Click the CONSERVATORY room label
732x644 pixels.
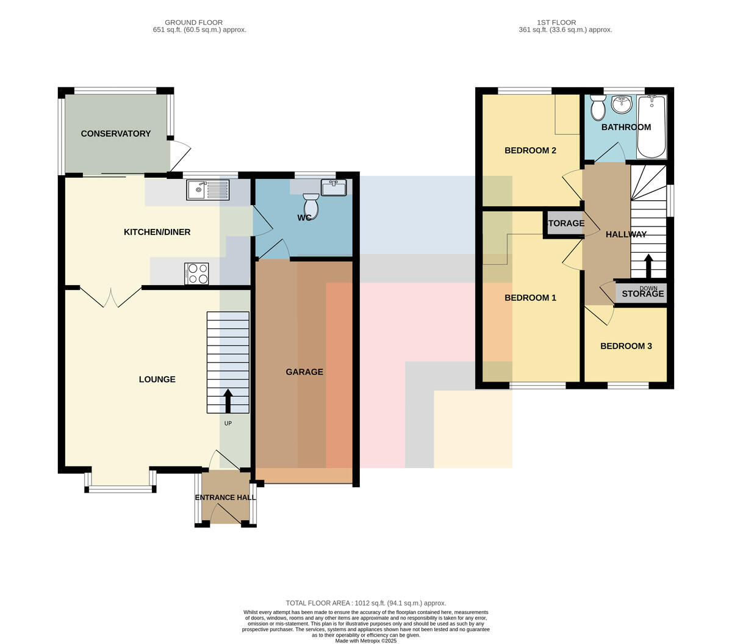[x=116, y=134]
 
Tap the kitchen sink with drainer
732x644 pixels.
[x=208, y=190]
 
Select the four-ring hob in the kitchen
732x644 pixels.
[x=196, y=273]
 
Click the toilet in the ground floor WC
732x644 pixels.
[x=311, y=206]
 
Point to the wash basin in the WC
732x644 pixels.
[x=334, y=187]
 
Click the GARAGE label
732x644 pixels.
[x=304, y=372]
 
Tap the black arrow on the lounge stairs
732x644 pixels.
[x=228, y=401]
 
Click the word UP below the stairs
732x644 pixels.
[x=228, y=423]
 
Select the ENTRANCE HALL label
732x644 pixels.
[x=225, y=497]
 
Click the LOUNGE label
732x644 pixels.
[x=157, y=379]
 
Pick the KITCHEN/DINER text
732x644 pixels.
[x=157, y=232]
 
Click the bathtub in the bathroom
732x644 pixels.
[x=651, y=126]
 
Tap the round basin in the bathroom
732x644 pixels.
[x=622, y=104]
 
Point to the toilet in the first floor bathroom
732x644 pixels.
[x=598, y=107]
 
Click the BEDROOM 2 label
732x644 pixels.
[x=530, y=150]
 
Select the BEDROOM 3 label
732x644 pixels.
[x=626, y=346]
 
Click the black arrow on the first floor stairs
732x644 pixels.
[x=648, y=266]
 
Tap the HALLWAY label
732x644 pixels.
[x=626, y=234]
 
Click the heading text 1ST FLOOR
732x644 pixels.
[x=556, y=23]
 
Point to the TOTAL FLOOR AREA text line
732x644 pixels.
[x=366, y=603]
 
